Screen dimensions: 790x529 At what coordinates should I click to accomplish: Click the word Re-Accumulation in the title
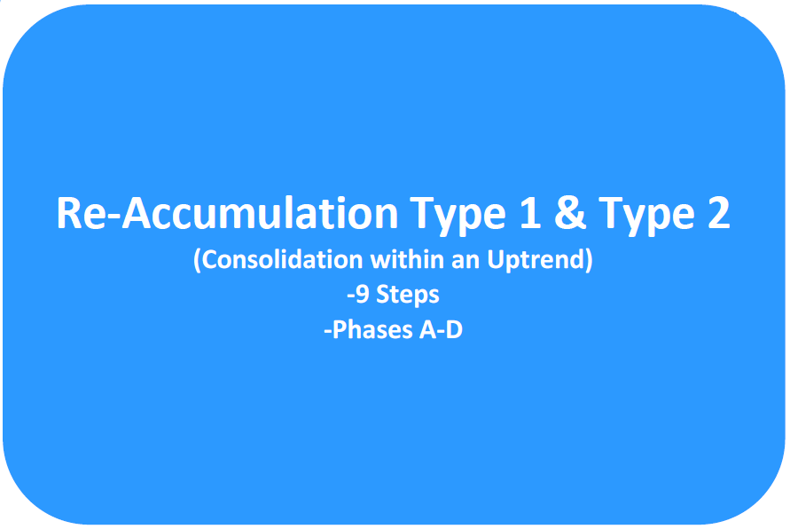tap(227, 214)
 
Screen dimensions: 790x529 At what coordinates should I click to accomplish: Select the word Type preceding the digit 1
tap(458, 217)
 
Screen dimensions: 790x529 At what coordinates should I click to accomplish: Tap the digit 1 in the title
tap(529, 213)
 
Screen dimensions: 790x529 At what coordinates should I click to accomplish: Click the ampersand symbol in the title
tap(570, 213)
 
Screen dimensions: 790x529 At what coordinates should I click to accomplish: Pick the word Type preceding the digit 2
tap(646, 217)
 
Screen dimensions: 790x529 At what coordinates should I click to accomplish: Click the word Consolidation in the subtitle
tap(283, 260)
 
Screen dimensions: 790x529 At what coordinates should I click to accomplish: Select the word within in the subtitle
tap(407, 260)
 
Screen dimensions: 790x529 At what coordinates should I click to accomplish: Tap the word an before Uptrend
tap(465, 263)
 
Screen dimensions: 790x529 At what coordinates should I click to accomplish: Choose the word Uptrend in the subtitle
tap(535, 261)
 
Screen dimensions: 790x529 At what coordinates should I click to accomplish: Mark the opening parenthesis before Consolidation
tap(198, 261)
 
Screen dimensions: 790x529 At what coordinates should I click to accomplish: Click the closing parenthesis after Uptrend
tap(588, 261)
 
